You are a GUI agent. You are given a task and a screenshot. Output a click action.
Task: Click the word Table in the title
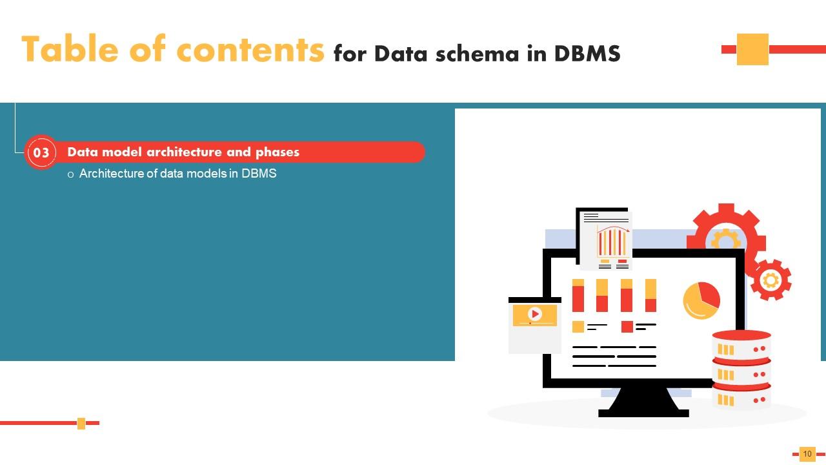tap(70, 48)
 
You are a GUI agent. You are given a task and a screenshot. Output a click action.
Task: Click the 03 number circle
tap(41, 152)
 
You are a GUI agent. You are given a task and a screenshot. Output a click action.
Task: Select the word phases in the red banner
tap(277, 152)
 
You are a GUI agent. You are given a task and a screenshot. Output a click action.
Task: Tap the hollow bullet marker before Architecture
tap(70, 174)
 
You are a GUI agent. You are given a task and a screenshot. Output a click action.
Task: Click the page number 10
tap(807, 453)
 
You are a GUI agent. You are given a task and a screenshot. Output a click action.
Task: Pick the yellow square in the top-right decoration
tap(752, 49)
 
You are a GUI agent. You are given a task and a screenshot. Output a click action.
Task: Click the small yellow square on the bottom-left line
tap(81, 423)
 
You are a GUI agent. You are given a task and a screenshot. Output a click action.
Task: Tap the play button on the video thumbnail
tap(535, 314)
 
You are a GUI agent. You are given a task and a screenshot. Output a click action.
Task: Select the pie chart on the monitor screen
tap(701, 300)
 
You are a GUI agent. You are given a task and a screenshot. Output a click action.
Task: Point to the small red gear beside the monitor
tap(771, 280)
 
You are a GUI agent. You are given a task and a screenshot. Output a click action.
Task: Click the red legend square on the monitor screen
tap(627, 327)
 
